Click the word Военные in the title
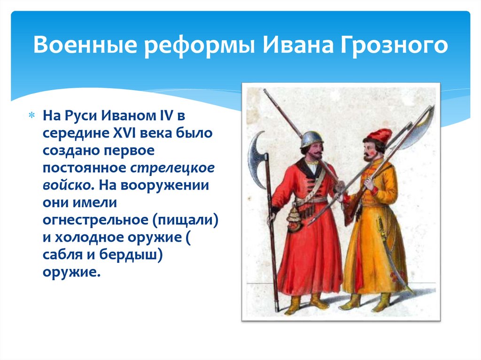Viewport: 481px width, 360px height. coord(85,45)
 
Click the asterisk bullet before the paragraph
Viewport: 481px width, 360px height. coord(31,116)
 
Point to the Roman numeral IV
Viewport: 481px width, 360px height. coord(166,115)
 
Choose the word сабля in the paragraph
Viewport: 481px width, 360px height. coord(62,255)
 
